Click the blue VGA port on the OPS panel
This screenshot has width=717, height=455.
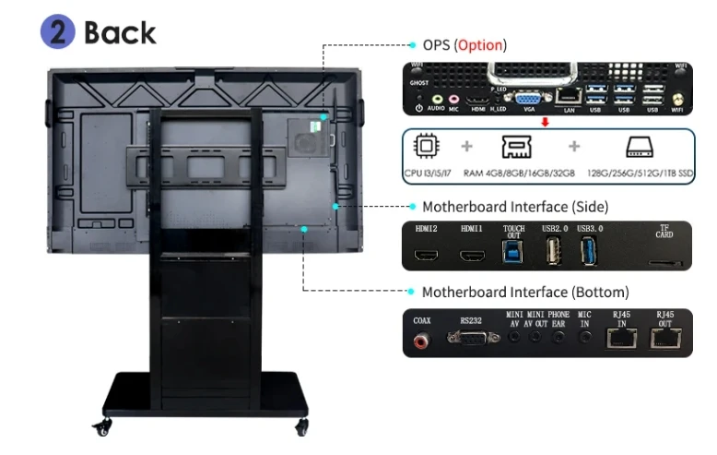click(527, 97)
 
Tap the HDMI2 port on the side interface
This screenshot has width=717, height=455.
click(427, 254)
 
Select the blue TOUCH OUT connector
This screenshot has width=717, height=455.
click(513, 251)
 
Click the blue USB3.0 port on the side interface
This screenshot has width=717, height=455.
click(587, 252)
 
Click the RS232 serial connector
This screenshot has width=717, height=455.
click(469, 339)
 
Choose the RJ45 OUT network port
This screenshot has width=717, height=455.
click(665, 340)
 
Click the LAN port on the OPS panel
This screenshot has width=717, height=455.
click(569, 95)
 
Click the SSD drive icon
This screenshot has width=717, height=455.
click(639, 148)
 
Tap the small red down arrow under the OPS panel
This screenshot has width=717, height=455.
click(546, 120)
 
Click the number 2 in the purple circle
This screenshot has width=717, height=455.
click(57, 32)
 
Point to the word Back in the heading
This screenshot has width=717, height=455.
click(120, 32)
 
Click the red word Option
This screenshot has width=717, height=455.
click(481, 44)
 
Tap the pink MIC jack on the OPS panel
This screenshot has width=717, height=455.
click(453, 97)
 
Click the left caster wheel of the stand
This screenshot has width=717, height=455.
click(100, 427)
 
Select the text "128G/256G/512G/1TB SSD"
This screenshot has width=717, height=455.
click(640, 174)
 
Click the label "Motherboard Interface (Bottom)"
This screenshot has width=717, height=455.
click(525, 292)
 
